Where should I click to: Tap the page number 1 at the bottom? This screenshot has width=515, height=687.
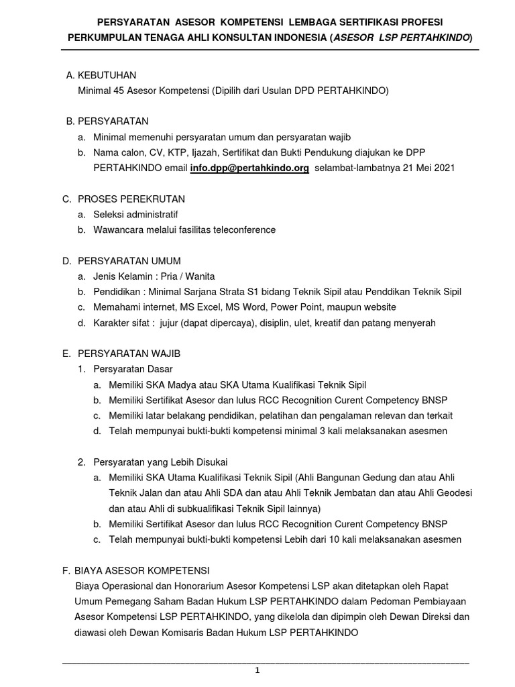point(257,670)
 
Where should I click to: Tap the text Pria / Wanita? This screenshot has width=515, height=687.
point(191,276)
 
